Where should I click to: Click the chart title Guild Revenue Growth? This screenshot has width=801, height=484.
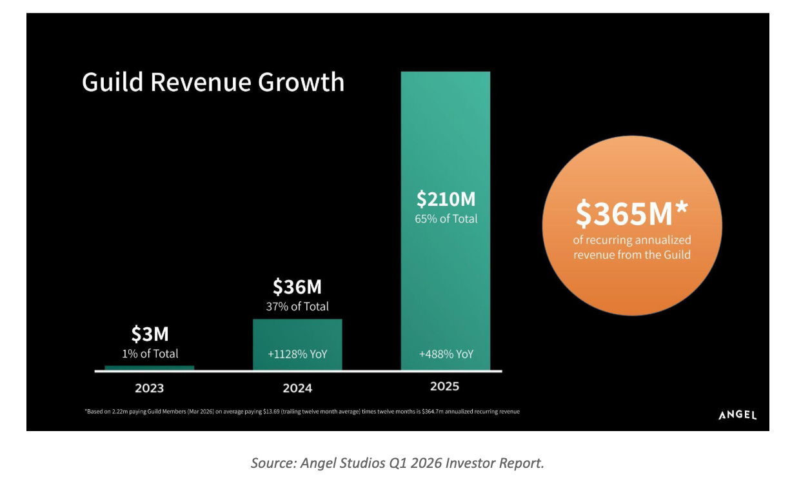tap(213, 82)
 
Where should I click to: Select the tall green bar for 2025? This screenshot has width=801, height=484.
tap(446, 221)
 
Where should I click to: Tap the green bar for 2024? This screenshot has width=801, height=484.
tap(297, 345)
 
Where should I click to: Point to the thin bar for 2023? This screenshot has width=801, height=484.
tap(150, 368)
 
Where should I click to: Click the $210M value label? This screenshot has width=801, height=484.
tap(446, 199)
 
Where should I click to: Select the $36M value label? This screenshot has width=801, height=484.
tap(297, 287)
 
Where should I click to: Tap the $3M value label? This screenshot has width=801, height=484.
tap(150, 334)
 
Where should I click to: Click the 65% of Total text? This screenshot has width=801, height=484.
tap(446, 219)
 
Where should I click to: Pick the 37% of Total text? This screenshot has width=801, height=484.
tap(297, 307)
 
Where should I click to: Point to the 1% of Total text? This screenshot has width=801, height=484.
tap(150, 354)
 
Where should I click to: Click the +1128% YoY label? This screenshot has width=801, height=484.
tap(297, 354)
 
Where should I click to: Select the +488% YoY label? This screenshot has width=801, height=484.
tap(446, 354)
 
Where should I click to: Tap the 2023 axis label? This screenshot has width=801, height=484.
tap(150, 388)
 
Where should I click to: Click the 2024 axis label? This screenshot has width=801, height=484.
tap(297, 388)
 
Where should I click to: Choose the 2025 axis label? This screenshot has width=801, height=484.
tap(444, 387)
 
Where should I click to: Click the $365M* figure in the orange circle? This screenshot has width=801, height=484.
tap(631, 214)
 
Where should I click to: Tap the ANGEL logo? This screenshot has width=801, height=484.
tap(737, 415)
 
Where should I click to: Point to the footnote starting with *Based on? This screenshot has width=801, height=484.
tap(302, 411)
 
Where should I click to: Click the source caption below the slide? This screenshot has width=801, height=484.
tap(397, 463)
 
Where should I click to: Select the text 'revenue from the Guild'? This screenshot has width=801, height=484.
tap(632, 255)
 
